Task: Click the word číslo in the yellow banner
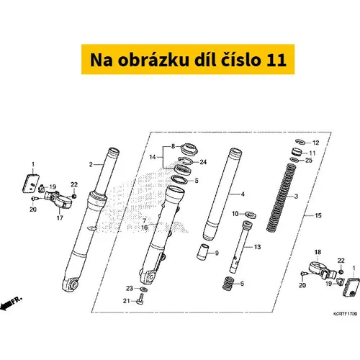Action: point(240,60)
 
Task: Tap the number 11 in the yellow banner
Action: point(276,60)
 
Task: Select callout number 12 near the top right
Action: point(315,143)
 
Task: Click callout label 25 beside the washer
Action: point(309,160)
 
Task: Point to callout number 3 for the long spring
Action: point(296,197)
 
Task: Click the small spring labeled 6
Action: point(228,284)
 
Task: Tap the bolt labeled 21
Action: point(140,300)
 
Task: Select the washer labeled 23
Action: point(143,289)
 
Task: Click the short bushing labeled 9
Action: point(202,251)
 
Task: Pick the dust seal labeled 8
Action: point(190,149)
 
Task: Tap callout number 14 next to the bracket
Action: point(153,157)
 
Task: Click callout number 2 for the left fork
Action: point(91,165)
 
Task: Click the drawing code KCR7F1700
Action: point(345,314)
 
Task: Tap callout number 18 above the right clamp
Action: point(318,252)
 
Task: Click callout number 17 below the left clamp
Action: point(60,218)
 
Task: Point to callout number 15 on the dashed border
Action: point(318,215)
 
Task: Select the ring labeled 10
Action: point(251,214)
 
